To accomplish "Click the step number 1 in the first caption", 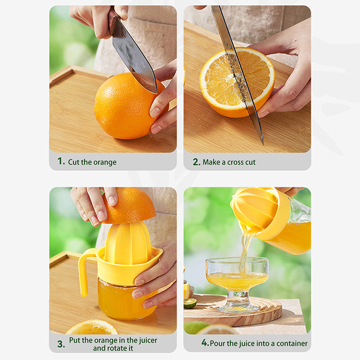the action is point(61,161).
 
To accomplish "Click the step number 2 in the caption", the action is point(196,162).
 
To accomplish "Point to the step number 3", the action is point(61,344).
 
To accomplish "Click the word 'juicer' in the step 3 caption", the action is point(148,340).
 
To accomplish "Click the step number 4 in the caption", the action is point(205,343).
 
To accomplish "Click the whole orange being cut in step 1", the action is point(129,107).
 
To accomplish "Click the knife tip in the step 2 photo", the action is point(262,144).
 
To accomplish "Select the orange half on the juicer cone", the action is point(129,207).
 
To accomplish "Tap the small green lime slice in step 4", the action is point(190,303).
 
